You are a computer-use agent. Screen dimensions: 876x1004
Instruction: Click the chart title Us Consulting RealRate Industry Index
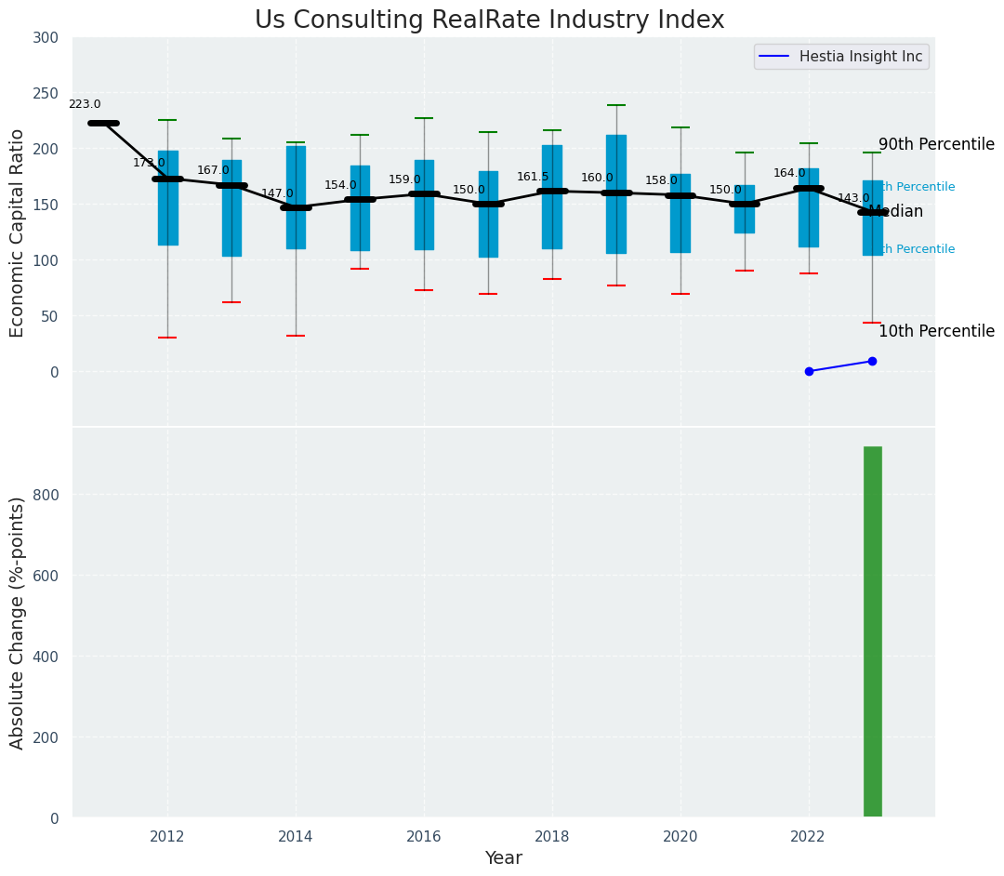489,20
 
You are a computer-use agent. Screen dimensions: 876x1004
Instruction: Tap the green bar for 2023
872,632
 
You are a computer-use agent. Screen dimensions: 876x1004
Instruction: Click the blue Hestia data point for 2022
809,371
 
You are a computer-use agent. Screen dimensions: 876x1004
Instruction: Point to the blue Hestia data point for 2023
872,361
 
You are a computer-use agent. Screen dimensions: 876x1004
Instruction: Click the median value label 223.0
85,105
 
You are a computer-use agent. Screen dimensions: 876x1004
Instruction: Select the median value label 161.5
533,177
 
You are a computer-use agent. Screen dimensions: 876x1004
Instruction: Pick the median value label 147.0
277,193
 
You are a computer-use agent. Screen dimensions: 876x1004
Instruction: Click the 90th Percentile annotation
936,145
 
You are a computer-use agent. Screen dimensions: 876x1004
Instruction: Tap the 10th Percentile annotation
936,332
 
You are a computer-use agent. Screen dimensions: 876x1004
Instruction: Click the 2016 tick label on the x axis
424,836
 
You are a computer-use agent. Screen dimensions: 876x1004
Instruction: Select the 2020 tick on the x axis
680,836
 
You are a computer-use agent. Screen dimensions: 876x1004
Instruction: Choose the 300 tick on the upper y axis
46,38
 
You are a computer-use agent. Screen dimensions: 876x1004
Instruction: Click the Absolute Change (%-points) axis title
18,622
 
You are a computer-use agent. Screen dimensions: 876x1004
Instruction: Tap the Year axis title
503,858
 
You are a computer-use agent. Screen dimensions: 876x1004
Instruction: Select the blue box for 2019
615,193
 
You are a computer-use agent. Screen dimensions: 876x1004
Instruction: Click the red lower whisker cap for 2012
167,338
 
